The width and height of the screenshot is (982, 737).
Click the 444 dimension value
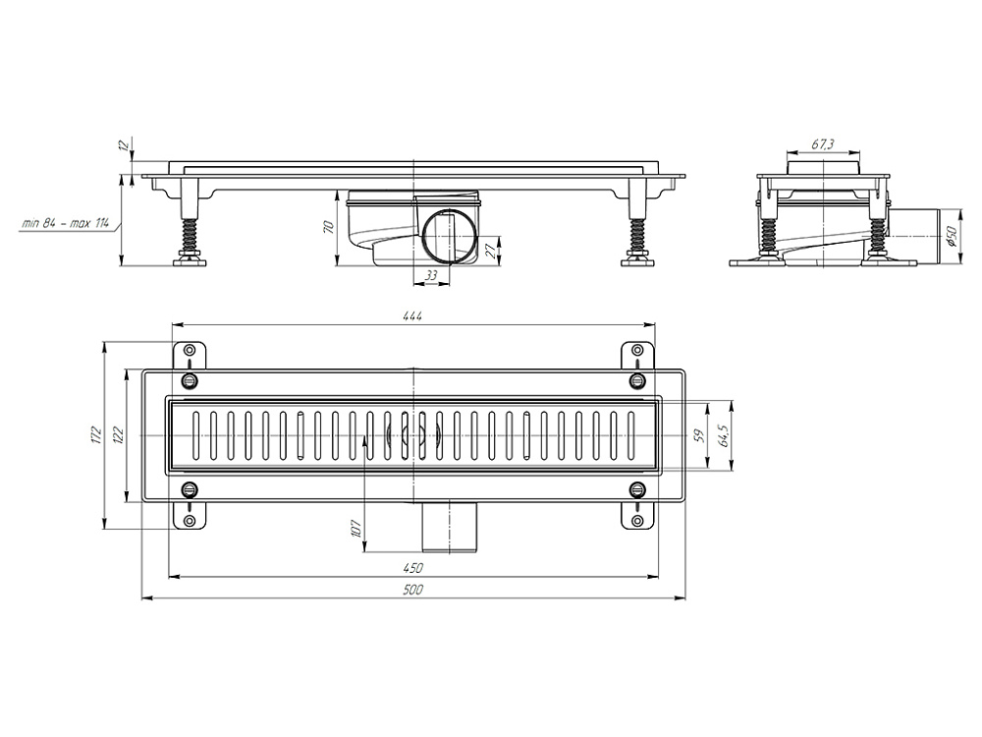point(412,315)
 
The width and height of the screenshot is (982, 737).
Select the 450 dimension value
point(412,568)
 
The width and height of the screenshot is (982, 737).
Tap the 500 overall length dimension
point(412,590)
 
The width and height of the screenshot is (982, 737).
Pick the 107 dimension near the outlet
point(355,529)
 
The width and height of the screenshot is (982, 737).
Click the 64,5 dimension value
point(724,435)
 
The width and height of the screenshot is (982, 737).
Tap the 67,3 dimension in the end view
point(822,144)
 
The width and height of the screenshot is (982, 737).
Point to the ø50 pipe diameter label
point(952,236)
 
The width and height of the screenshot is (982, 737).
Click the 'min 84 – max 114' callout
point(65,222)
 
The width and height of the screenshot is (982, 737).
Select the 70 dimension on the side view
point(328,227)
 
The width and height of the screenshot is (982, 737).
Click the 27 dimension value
point(491,251)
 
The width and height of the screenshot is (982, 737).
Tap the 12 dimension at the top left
point(124,145)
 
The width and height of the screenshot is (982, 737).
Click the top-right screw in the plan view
point(637,379)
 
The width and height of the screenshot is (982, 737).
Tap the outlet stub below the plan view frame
point(450,528)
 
